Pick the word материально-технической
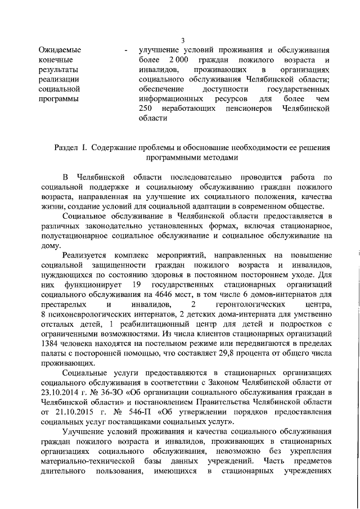click(x=84, y=462)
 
